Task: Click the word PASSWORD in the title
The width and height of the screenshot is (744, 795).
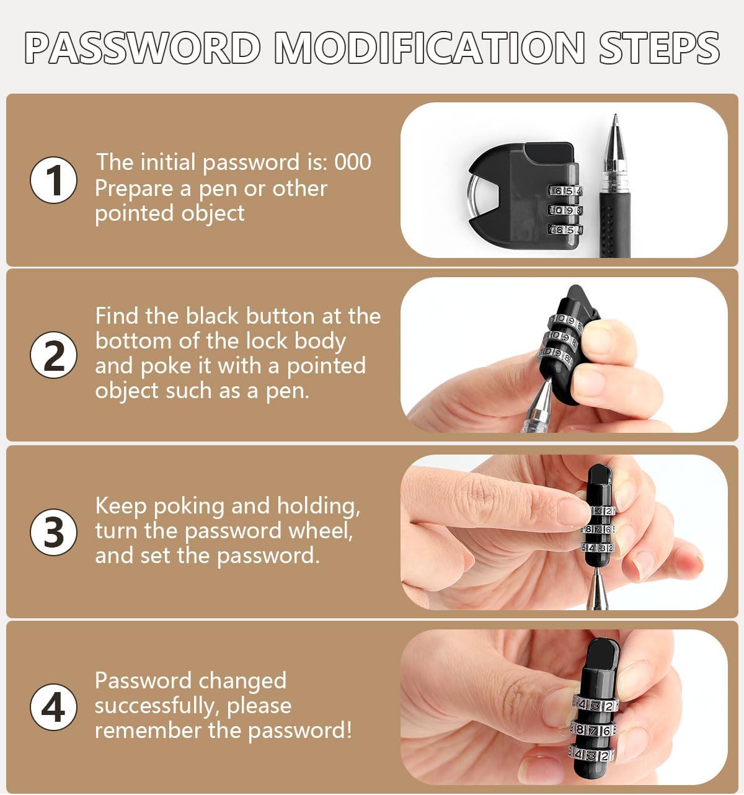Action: pyautogui.click(x=143, y=48)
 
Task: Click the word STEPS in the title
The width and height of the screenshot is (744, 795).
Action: pyautogui.click(x=658, y=48)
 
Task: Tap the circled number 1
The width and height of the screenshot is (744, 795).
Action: pyautogui.click(x=54, y=180)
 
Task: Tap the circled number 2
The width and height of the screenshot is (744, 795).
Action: pyautogui.click(x=54, y=355)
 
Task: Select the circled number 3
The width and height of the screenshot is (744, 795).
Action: pyautogui.click(x=54, y=532)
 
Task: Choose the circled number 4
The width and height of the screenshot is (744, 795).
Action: pyautogui.click(x=54, y=707)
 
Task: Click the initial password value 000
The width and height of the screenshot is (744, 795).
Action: pyautogui.click(x=353, y=162)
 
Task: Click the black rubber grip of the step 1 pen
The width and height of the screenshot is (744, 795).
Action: pyautogui.click(x=614, y=223)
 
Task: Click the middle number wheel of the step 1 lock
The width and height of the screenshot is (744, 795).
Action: pyautogui.click(x=565, y=210)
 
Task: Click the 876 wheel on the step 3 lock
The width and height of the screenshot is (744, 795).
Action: pyautogui.click(x=598, y=530)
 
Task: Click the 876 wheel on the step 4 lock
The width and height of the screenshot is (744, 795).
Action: pyautogui.click(x=593, y=731)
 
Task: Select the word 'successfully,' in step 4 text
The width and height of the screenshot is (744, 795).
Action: pyautogui.click(x=156, y=706)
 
